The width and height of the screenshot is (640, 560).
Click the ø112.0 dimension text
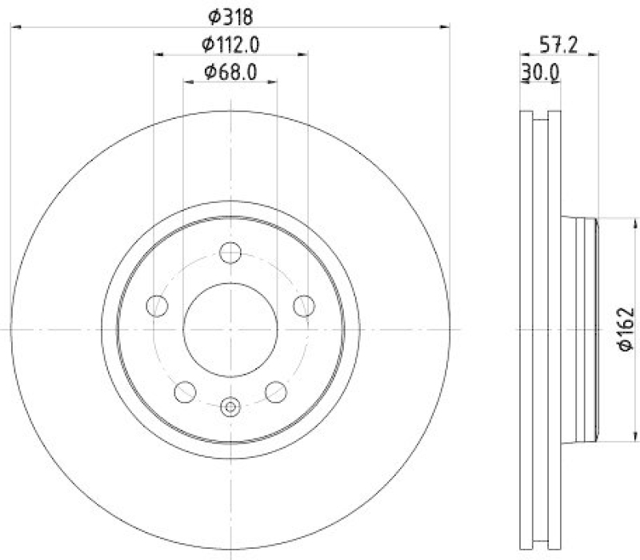(x=230, y=43)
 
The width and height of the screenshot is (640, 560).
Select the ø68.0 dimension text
(x=230, y=72)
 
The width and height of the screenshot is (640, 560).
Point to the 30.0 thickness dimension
(x=539, y=72)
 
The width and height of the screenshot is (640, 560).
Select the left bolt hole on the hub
(x=158, y=305)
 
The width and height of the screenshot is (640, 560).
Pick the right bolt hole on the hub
(x=303, y=305)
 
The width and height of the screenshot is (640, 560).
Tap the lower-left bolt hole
(x=186, y=391)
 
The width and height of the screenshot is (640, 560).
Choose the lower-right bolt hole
(x=275, y=391)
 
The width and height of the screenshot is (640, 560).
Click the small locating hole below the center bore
(x=230, y=407)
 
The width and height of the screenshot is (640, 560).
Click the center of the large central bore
(x=230, y=329)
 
